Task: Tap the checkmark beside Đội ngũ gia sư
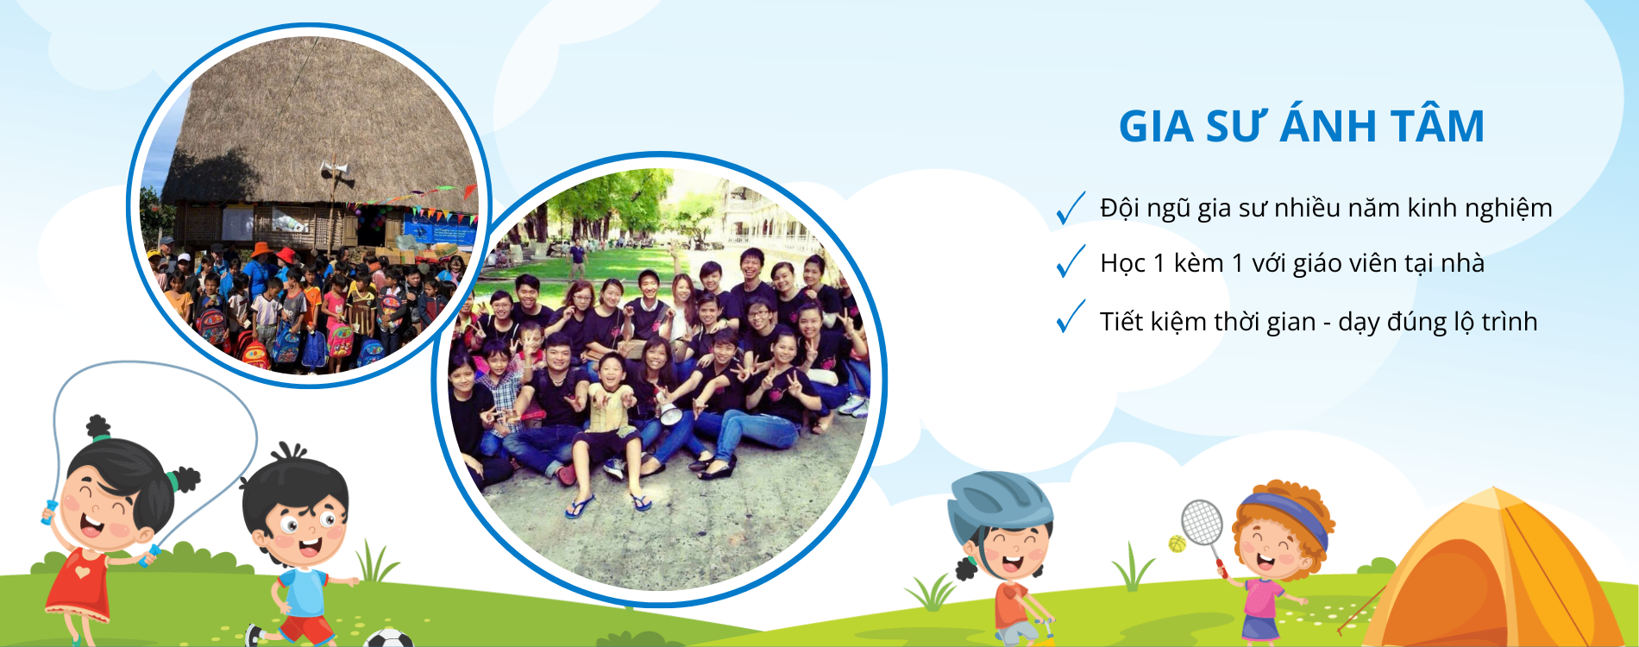click(x=1071, y=208)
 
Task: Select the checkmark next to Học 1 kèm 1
click(x=1071, y=261)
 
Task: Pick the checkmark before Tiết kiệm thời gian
click(x=1071, y=317)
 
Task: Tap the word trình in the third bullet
click(x=1510, y=322)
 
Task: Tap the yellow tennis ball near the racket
click(x=1177, y=543)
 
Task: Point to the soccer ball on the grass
click(x=388, y=638)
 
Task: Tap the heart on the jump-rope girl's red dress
click(x=80, y=571)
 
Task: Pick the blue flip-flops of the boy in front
click(x=609, y=505)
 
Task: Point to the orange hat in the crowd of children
click(x=262, y=249)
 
